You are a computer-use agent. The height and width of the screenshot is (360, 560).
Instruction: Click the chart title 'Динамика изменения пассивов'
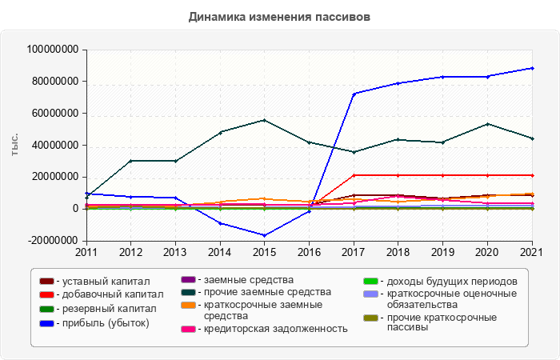pyautogui.click(x=280, y=16)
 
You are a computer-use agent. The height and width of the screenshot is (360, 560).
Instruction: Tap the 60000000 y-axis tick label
pyautogui.click(x=53, y=114)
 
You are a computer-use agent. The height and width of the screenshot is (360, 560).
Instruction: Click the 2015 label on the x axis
pyautogui.click(x=265, y=252)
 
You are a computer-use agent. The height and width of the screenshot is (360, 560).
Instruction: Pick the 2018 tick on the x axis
pyautogui.click(x=398, y=252)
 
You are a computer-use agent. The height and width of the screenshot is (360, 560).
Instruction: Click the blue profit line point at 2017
pyautogui.click(x=354, y=94)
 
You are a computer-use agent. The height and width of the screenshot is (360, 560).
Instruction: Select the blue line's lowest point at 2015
pyautogui.click(x=265, y=235)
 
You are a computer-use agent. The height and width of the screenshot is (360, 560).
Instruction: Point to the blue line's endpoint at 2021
pyautogui.click(x=533, y=68)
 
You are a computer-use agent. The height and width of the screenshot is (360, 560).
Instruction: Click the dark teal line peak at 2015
pyautogui.click(x=265, y=120)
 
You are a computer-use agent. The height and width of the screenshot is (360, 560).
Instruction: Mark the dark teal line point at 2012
pyautogui.click(x=130, y=161)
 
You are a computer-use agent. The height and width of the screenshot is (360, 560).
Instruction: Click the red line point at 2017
pyautogui.click(x=354, y=175)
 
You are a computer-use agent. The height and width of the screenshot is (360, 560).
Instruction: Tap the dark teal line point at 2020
pyautogui.click(x=488, y=124)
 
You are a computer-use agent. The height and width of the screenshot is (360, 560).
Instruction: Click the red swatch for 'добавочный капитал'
pyautogui.click(x=46, y=295)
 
